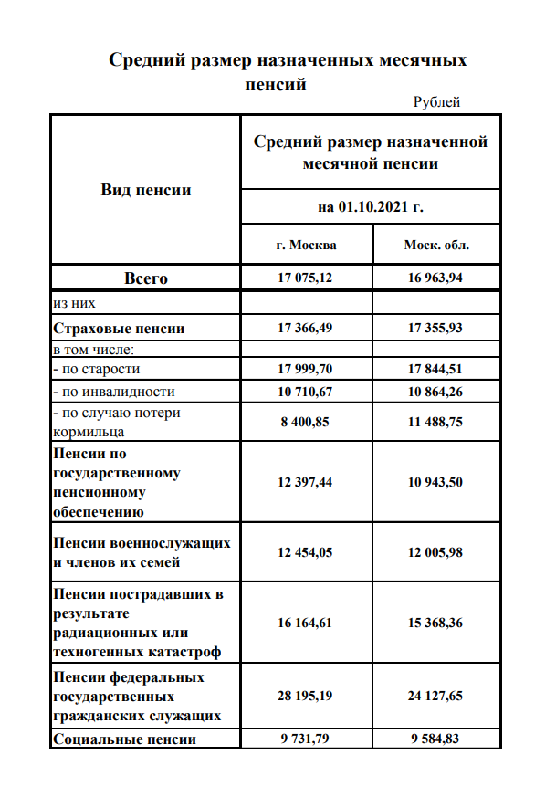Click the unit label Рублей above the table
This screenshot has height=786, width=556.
click(436, 102)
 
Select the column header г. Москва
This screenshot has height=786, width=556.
click(306, 246)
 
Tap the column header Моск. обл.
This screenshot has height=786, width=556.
click(436, 246)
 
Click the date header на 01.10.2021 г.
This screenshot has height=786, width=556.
click(371, 207)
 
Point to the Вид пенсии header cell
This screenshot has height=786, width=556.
click(146, 190)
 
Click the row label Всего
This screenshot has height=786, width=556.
click(146, 278)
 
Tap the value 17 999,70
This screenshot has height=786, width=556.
click(306, 369)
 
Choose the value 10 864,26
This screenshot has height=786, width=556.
click(436, 392)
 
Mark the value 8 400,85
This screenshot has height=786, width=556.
click(306, 423)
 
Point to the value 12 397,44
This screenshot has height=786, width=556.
click(306, 482)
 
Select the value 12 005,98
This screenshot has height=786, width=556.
click(436, 553)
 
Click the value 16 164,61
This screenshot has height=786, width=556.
click(306, 624)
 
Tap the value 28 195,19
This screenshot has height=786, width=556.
click(306, 696)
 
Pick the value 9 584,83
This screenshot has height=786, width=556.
click(436, 739)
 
